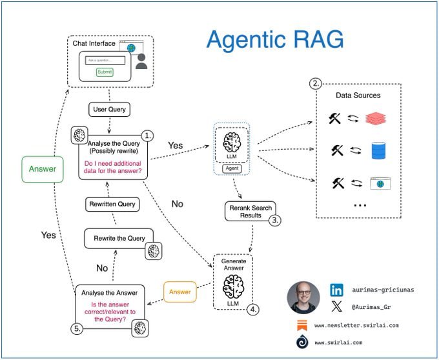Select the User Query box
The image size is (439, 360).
109,110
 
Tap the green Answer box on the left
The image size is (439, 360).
41,170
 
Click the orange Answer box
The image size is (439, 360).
179,291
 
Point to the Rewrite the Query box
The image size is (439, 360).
119,238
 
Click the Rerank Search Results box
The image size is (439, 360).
250,211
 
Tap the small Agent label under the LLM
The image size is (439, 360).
231,169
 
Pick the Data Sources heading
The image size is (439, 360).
358,95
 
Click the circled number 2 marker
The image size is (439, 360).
316,84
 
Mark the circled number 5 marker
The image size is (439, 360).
78,328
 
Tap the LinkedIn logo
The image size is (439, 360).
336,290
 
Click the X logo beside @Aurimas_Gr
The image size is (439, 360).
336,306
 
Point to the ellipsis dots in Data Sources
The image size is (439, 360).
360,205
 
